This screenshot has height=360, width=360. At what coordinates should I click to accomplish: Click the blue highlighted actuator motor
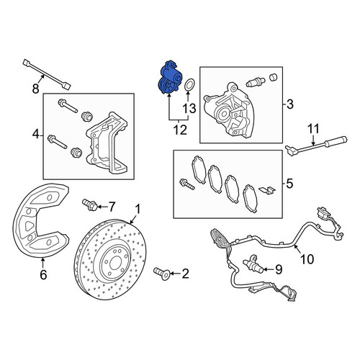[x=169, y=78]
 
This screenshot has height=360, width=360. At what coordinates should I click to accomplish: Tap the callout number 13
[x=189, y=109]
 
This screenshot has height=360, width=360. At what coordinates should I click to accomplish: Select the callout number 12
[x=180, y=130]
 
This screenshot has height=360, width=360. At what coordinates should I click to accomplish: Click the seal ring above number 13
[x=189, y=85]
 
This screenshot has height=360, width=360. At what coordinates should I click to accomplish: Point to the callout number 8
[x=35, y=89]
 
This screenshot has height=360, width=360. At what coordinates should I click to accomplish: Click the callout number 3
[x=290, y=104]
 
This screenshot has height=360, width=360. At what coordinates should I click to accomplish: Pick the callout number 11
[x=313, y=129]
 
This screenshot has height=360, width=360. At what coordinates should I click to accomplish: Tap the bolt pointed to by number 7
[x=90, y=205]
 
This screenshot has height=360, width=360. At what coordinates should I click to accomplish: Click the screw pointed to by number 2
[x=162, y=274]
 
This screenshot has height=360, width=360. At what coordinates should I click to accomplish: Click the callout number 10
[x=307, y=259]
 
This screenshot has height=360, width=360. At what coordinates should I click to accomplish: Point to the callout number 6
[x=43, y=274]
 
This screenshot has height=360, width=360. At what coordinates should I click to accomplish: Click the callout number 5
[x=289, y=184]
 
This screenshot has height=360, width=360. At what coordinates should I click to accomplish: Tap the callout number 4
[x=36, y=135]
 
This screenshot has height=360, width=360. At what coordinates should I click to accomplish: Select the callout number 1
[x=138, y=209]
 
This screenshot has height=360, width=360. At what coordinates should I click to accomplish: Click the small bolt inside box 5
[x=186, y=184]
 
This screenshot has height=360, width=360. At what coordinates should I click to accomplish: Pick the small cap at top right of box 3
[x=274, y=77]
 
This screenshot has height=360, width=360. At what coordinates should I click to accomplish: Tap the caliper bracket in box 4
[x=107, y=144]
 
